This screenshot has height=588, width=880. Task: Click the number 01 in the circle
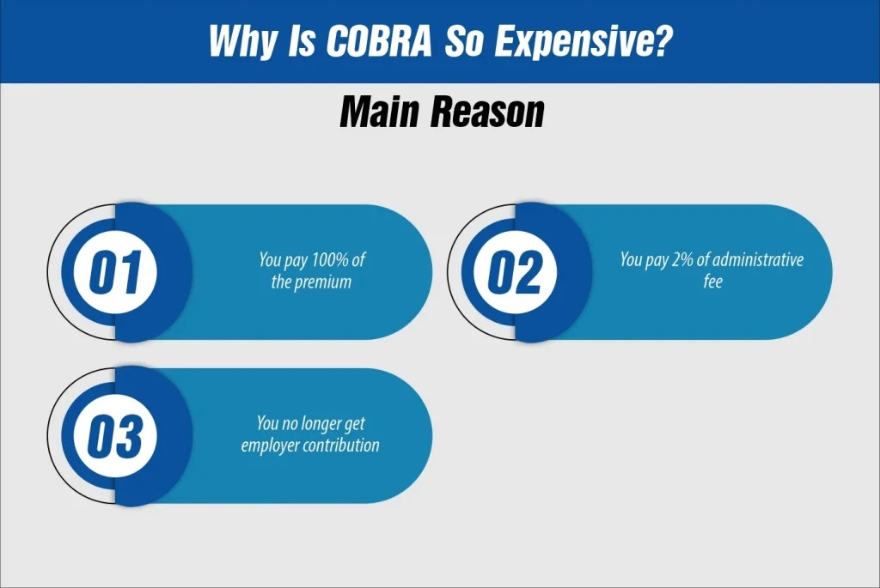[114, 272]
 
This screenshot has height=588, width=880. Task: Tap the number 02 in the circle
[515, 272]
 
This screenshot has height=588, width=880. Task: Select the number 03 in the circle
[114, 436]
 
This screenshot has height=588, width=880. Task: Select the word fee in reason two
[712, 281]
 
